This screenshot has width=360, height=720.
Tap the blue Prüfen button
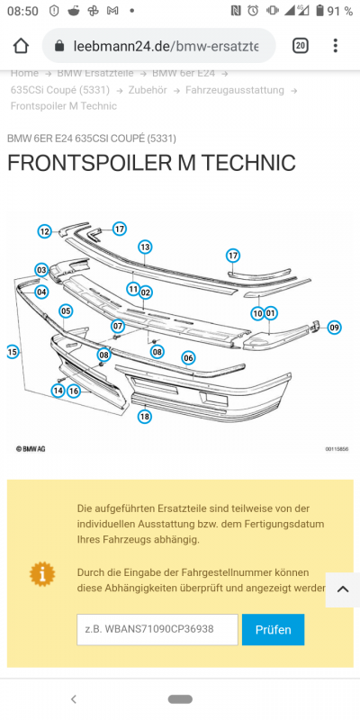273,629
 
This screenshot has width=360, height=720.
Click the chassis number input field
157,629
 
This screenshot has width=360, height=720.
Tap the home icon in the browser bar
21,46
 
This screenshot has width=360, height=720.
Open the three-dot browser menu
336,46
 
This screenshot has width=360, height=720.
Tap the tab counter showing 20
300,46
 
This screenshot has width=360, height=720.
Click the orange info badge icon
41,574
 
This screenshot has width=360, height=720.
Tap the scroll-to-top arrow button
343,589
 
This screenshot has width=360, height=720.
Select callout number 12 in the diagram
44,231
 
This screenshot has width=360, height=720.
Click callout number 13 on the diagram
145,247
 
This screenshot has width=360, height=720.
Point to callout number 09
334,328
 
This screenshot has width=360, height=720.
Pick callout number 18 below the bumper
145,417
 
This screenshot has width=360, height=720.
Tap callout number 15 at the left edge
13,352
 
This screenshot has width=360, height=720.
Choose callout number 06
188,357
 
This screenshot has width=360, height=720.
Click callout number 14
58,391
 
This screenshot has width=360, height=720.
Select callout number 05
66,310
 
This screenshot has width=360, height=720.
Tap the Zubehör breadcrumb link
148,90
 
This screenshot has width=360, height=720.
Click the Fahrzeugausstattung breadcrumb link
235,90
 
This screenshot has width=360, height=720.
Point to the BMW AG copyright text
31,448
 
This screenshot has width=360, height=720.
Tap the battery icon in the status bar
320,11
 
